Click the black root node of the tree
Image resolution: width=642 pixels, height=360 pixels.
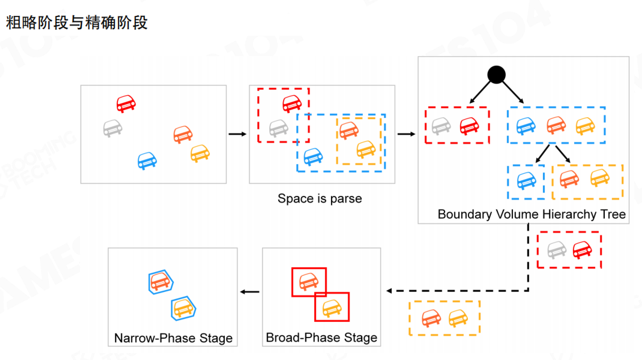[x=496, y=75]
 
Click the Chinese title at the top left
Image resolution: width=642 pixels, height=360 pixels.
[x=77, y=23]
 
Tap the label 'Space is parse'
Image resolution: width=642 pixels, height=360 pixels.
[x=320, y=199]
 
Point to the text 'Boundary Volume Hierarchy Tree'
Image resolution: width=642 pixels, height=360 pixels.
[x=532, y=214]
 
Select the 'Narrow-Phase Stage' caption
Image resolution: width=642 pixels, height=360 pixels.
[x=173, y=338]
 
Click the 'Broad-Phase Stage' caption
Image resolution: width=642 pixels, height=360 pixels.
[x=321, y=337]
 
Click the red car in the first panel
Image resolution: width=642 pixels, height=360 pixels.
[x=126, y=104]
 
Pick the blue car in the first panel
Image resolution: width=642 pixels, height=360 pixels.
[x=147, y=161]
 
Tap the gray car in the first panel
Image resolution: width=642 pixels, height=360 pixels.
[x=113, y=128]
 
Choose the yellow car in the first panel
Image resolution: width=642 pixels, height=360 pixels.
[x=200, y=153]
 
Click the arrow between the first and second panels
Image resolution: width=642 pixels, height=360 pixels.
[x=237, y=134]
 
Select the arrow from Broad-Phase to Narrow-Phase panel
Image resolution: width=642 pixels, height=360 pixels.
[x=250, y=292]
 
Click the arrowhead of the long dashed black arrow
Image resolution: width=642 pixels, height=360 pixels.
[x=389, y=291]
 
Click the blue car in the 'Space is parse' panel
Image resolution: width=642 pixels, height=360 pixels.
[x=313, y=157]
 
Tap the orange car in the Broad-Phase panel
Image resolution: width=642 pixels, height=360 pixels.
[x=309, y=281]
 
